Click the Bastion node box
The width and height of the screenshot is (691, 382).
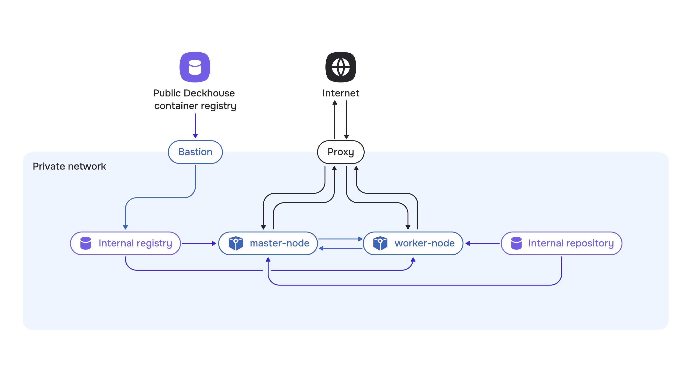coord(195,152)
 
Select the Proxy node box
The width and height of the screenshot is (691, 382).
coord(340,152)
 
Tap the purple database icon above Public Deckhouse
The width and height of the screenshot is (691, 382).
coord(195,67)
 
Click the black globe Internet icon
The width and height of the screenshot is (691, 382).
coord(340,67)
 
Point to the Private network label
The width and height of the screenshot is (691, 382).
coord(69,166)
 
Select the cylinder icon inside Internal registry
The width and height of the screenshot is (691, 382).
coord(86,243)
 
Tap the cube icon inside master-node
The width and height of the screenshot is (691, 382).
coord(235,243)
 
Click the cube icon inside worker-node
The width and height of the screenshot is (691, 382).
coord(380,243)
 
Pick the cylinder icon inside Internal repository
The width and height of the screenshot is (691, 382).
coord(516,243)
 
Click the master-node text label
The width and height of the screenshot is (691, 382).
coord(279,243)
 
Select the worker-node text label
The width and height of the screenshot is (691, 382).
coord(424,243)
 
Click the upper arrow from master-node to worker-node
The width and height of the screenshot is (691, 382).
coord(340,239)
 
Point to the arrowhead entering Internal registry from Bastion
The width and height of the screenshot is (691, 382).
coord(125,227)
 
